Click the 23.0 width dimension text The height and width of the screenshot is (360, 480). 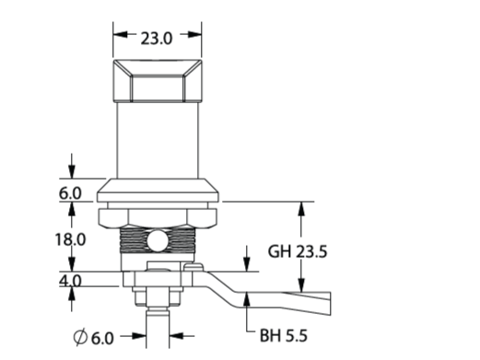pos(157,39)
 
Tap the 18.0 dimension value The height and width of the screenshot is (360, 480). pos(70,239)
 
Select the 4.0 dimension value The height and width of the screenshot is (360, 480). pos(70,281)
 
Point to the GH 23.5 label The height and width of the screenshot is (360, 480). pos(298,251)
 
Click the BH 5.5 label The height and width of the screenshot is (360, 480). pos(284,335)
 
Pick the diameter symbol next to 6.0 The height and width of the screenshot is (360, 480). pos(80,337)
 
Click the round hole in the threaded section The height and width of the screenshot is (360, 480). pos(158,241)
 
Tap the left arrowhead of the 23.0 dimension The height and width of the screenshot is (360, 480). pos(120,34)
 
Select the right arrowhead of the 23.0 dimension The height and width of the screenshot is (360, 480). pos(194,34)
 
